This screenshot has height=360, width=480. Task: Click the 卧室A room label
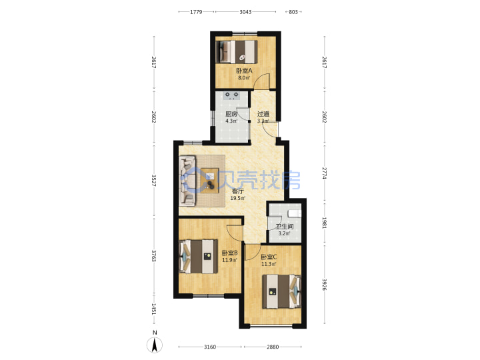tap(244, 71)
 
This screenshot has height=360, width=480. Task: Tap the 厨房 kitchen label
tap(231, 114)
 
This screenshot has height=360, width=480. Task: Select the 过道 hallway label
tap(263, 114)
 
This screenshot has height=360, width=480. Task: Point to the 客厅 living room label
tap(238, 191)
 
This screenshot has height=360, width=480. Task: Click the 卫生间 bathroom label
tap(285, 227)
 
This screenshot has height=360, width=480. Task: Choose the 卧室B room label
tap(229, 253)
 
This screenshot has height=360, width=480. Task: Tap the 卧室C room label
tap(269, 257)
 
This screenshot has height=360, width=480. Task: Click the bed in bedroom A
tap(237, 52)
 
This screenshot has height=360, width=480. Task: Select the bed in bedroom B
tap(198, 257)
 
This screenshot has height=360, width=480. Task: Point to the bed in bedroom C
tap(282, 291)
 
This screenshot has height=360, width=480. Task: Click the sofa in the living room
tap(187, 181)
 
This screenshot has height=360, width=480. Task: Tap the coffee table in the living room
tap(210, 181)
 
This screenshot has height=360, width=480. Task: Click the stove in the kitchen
tap(232, 96)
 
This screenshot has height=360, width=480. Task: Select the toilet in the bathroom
tap(295, 213)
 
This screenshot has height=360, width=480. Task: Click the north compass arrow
tap(155, 345)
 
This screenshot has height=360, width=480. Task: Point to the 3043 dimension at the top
tap(245, 12)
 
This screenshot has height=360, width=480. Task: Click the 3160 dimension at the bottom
tap(210, 347)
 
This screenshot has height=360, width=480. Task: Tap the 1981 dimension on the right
tap(325, 223)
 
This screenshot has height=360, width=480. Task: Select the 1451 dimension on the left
tap(154, 309)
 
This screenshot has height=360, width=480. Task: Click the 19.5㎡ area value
tap(238, 198)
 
